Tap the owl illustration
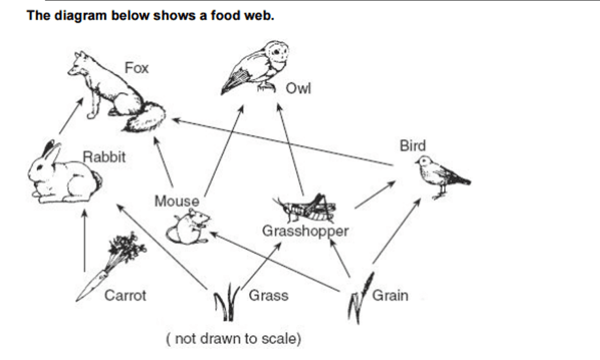click(258, 65)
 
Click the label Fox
click(137, 68)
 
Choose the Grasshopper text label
click(305, 231)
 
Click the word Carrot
click(125, 295)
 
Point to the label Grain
click(390, 295)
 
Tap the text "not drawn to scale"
click(233, 340)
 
